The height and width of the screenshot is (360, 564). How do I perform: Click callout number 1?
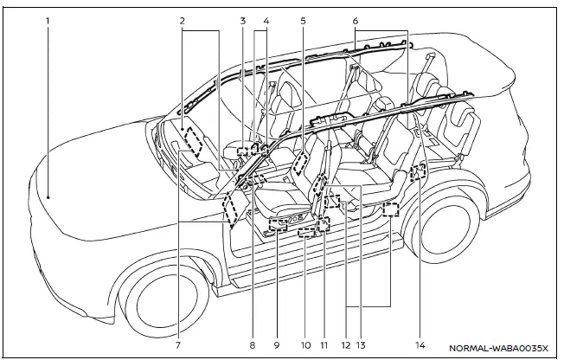tap(48, 18)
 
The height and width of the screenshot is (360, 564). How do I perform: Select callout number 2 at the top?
tap(182, 18)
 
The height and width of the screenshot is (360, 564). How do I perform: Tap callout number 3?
tap(244, 18)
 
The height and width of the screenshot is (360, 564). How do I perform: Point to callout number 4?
tap(266, 18)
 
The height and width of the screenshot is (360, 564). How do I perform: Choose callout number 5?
tap(304, 18)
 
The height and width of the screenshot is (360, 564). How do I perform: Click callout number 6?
tap(355, 18)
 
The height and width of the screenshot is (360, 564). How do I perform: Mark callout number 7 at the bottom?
tap(179, 344)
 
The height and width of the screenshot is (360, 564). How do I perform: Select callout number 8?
tap(252, 344)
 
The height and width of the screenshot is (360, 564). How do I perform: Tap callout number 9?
tap(276, 344)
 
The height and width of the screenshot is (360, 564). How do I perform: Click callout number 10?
tap(305, 344)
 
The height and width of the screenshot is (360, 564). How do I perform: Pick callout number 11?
tap(323, 344)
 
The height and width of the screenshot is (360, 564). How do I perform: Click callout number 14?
tap(420, 344)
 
